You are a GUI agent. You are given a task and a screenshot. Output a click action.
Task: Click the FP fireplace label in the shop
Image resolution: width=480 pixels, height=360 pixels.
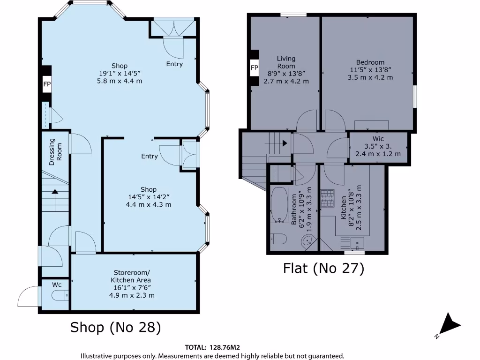click(47, 84)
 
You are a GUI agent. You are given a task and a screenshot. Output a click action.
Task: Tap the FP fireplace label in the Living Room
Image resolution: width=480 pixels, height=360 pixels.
click(255, 68)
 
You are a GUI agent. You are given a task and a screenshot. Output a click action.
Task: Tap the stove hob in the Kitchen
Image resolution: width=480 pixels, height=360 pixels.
click(327, 198)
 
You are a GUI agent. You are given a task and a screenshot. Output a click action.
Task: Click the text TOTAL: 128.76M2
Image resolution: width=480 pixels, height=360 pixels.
click(212, 347)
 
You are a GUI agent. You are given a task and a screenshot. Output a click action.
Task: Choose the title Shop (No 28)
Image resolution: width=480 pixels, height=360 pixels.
click(115, 327)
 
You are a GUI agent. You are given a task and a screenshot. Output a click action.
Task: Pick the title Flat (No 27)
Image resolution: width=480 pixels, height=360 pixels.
click(323, 268)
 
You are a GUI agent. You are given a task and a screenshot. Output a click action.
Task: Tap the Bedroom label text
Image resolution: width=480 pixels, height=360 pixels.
click(370, 62)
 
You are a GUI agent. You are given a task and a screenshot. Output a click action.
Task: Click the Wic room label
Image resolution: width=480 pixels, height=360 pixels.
click(378, 139)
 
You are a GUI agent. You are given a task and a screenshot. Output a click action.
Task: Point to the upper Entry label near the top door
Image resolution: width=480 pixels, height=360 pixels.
click(174, 64)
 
